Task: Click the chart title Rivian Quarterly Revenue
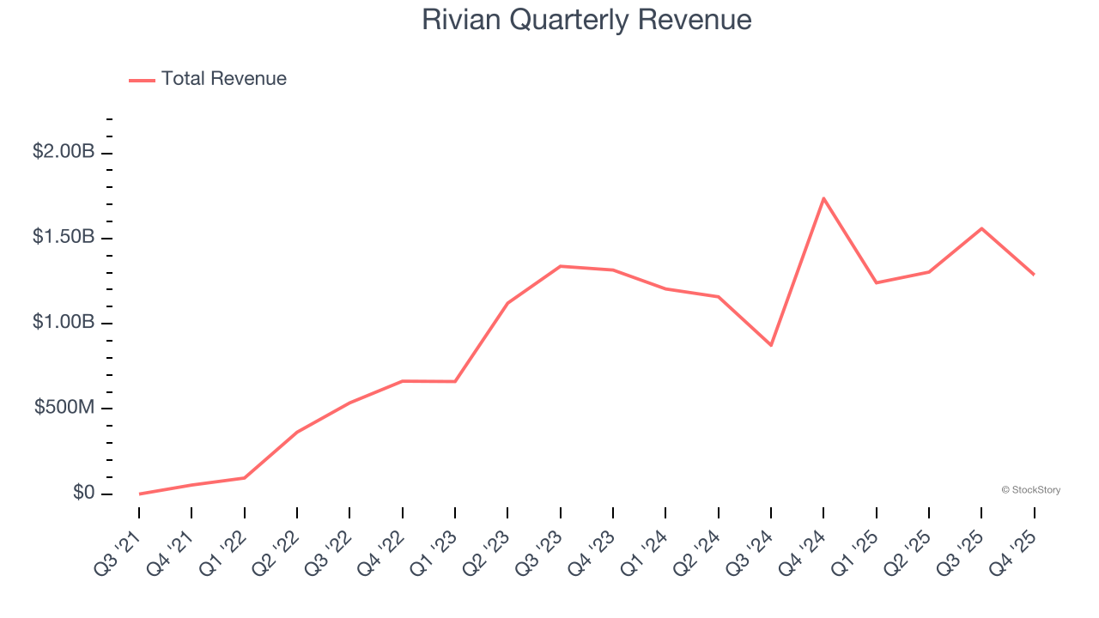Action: (586, 20)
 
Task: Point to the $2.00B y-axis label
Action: (64, 152)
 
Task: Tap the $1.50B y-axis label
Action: (64, 237)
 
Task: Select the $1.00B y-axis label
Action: (64, 323)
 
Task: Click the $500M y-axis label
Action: (64, 408)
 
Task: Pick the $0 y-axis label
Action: (83, 493)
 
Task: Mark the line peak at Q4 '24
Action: (823, 198)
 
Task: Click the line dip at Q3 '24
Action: (771, 345)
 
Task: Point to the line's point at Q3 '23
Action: (561, 266)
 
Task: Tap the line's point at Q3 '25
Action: (981, 228)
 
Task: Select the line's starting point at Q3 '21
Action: (139, 494)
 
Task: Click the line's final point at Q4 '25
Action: (1034, 275)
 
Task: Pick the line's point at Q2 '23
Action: (507, 303)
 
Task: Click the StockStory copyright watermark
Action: (1030, 490)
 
